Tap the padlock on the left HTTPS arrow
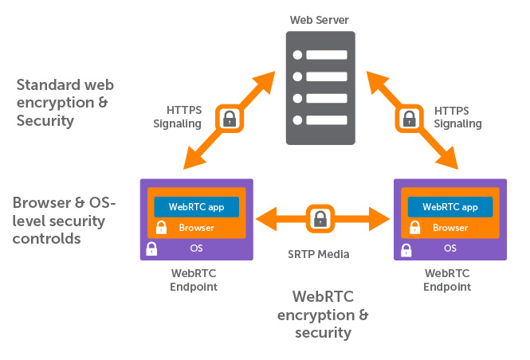229,119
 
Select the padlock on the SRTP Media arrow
320,217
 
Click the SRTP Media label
319,255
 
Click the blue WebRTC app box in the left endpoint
196,206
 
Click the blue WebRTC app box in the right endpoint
450,206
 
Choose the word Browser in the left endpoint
196,228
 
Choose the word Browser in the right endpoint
450,228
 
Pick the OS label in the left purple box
196,248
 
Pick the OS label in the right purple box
450,248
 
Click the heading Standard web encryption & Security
63,102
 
